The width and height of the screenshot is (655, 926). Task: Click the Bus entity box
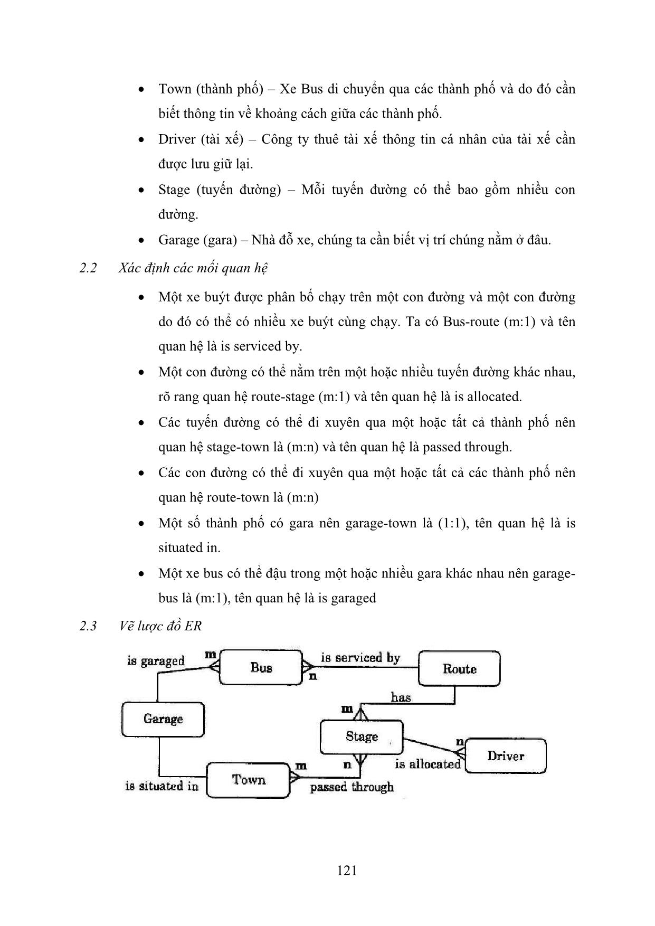click(261, 668)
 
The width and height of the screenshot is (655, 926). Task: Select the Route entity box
click(459, 669)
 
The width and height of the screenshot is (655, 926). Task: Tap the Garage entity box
click(163, 719)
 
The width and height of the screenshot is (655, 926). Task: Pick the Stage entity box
click(361, 736)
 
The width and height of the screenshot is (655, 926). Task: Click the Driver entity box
click(505, 756)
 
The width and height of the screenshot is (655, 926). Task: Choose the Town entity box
click(248, 780)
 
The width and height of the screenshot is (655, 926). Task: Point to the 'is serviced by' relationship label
click(360, 658)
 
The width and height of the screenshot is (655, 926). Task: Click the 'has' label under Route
click(401, 697)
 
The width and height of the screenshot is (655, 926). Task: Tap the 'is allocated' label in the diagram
click(428, 764)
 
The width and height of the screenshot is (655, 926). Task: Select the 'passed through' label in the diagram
click(352, 787)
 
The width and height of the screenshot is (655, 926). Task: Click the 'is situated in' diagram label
click(162, 786)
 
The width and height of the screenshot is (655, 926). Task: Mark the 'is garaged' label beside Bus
click(156, 661)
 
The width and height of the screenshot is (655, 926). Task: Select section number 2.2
click(88, 268)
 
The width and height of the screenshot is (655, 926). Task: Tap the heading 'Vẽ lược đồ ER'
click(160, 626)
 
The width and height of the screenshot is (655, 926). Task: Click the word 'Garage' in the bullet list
click(179, 240)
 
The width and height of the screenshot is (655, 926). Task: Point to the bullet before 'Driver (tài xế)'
click(141, 140)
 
